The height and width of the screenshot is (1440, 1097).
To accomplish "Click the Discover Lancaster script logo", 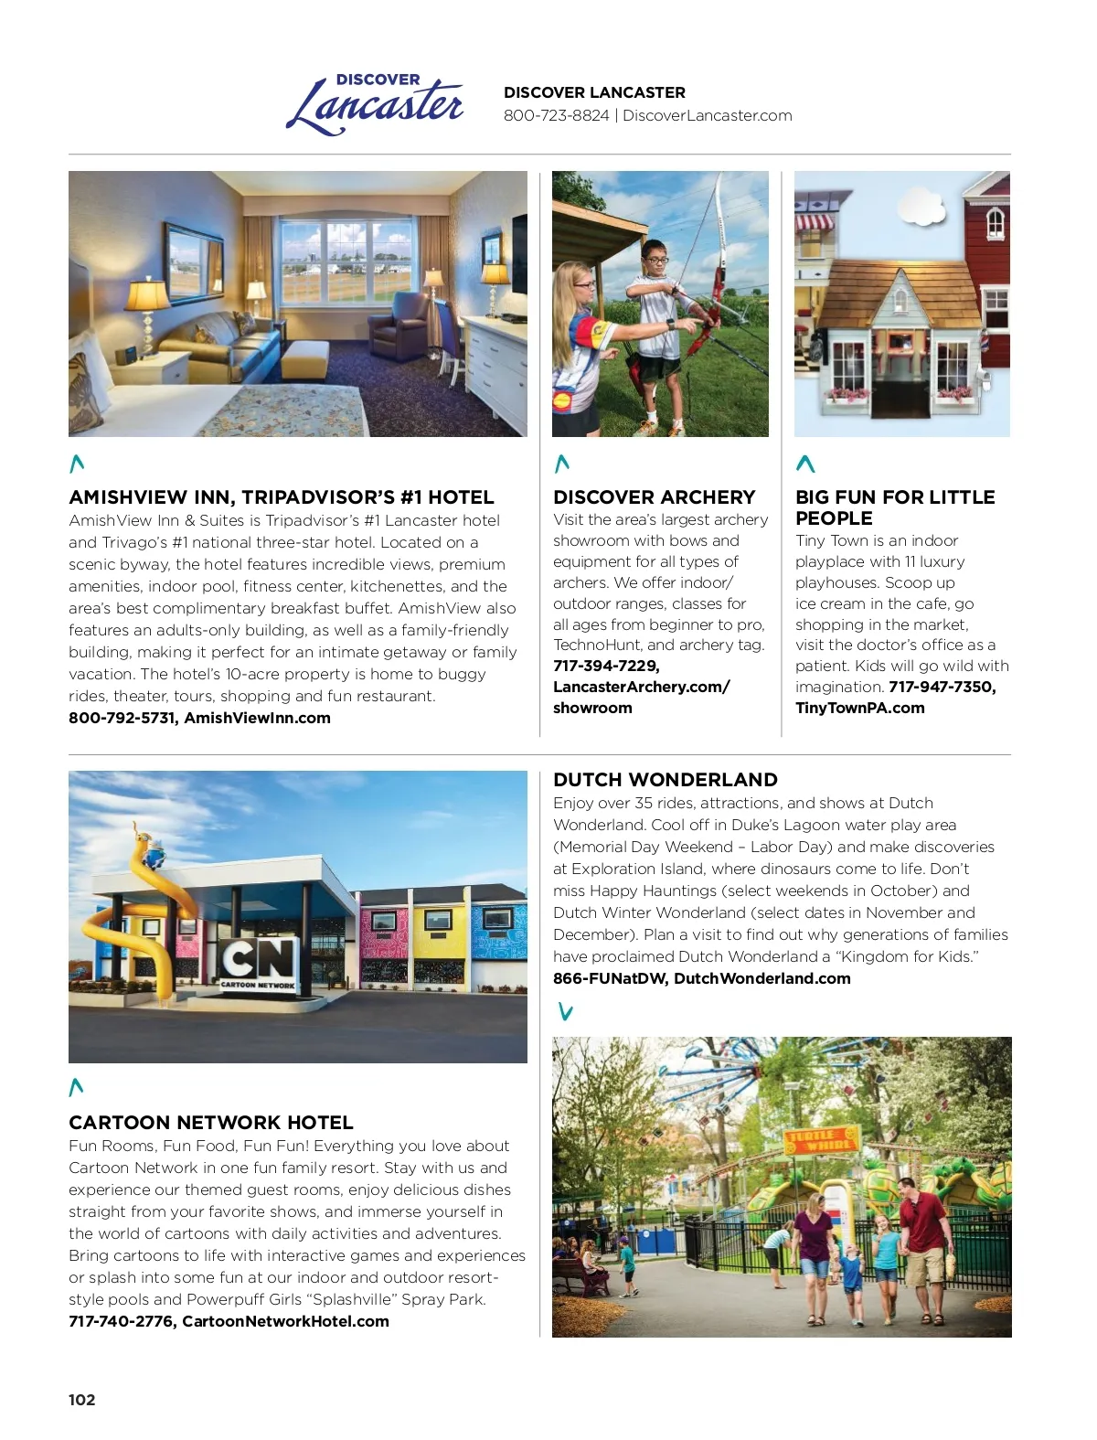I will [375, 105].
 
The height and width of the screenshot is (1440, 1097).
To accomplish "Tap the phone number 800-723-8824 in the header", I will [556, 116].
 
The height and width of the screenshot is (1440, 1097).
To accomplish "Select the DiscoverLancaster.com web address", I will [707, 116].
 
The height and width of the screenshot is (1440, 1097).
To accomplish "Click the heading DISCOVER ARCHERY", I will [654, 497].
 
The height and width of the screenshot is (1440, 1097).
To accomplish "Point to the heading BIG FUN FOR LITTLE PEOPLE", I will [894, 507].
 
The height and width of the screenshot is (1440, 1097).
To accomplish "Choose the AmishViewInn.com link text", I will [257, 719].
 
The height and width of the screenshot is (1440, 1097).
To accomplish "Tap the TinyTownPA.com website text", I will [859, 709].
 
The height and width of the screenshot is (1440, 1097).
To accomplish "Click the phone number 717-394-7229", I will [605, 667].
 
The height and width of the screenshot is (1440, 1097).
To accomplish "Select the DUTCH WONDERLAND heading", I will [665, 780].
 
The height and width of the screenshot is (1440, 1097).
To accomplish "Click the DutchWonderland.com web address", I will [762, 979].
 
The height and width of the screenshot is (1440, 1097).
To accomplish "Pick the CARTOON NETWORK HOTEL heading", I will [210, 1123].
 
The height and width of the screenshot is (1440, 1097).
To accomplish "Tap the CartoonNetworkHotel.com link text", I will [285, 1322].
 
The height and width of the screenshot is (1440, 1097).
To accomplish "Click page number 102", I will [81, 1400].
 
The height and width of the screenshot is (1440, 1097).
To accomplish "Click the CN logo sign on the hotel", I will [259, 960].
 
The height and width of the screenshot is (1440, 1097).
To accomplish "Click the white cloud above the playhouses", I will [921, 207].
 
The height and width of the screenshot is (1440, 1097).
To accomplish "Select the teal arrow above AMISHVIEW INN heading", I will [77, 464].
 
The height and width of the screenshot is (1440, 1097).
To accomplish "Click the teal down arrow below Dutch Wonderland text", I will [566, 1012].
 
